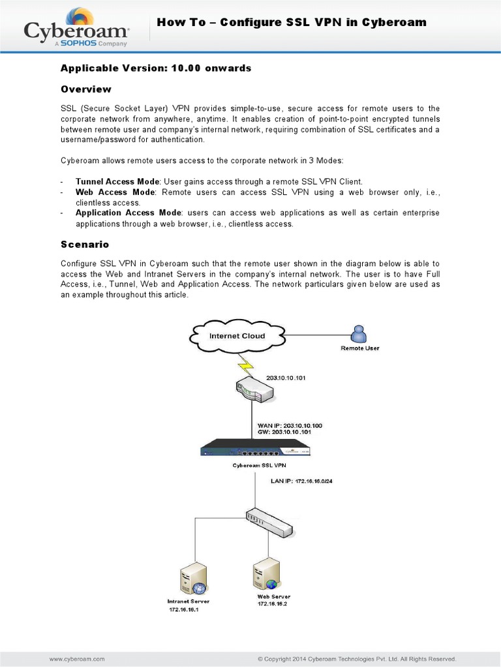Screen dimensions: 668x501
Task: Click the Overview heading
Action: pos(86,89)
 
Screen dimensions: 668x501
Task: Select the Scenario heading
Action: pos(85,244)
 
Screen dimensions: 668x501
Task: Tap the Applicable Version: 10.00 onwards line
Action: pos(156,68)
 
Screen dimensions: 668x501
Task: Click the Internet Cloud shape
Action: pos(236,336)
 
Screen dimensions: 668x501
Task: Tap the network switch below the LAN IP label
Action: pos(269,520)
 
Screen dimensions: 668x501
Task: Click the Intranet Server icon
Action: pos(193,578)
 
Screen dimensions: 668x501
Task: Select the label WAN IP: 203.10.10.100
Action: pos(290,425)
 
